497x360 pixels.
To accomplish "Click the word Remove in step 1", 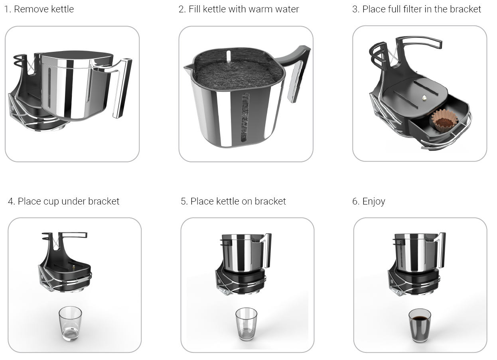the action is click(31, 9).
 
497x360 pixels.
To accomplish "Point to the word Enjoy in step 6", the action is click(374, 202).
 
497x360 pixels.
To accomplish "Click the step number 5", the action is click(184, 201).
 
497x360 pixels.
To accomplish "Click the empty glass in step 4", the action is click(70, 324).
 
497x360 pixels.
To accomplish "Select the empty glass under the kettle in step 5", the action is click(246, 324).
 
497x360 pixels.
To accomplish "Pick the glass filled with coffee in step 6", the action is click(420, 325).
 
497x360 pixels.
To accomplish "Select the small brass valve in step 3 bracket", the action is click(424, 98).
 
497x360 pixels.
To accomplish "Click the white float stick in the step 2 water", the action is click(229, 57).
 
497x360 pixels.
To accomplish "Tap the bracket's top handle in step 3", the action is click(419, 43).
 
